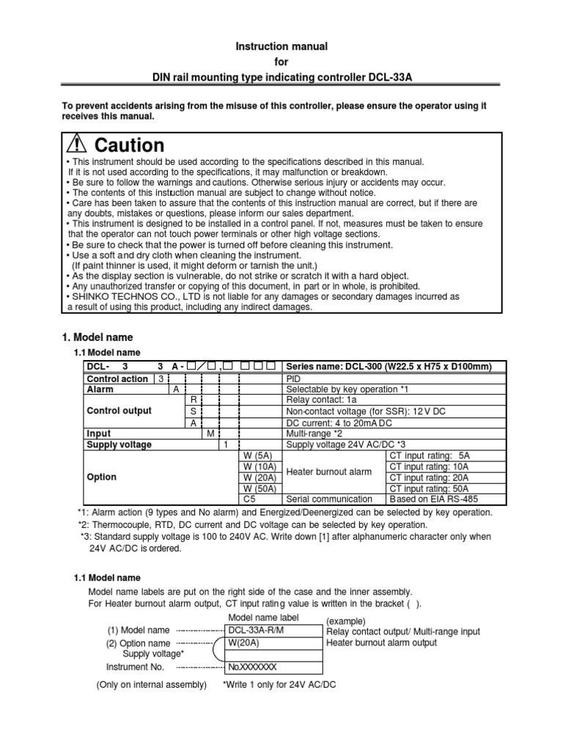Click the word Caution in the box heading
click(x=129, y=145)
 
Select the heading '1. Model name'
click(x=95, y=337)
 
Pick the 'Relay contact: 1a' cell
click(x=321, y=400)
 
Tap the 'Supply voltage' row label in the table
click(x=119, y=444)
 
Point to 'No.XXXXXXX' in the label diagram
click(x=252, y=667)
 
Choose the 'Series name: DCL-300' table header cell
click(x=388, y=367)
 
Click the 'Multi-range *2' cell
click(x=316, y=433)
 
